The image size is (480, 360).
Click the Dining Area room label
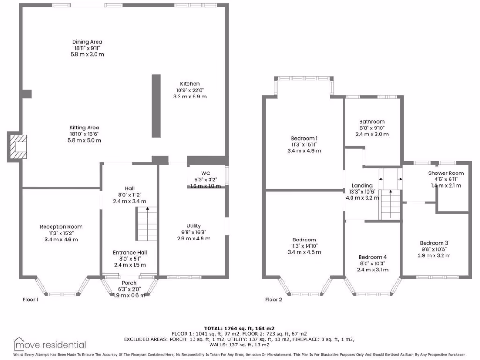87,42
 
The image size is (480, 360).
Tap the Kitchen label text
190,84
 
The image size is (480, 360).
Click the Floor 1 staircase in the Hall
147,224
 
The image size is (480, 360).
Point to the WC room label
205,172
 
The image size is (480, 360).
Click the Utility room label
194,225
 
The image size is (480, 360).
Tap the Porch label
129,283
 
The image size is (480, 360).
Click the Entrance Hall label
129,253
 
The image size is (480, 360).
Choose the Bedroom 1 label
304,138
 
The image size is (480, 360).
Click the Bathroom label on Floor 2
372,121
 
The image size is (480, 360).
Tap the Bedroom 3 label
434,243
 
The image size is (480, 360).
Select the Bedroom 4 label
373,257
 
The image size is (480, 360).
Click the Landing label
362,185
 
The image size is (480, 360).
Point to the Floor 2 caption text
274,300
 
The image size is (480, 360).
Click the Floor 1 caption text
31,299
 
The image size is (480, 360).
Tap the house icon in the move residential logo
20,344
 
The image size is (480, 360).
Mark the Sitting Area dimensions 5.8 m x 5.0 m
84,140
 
